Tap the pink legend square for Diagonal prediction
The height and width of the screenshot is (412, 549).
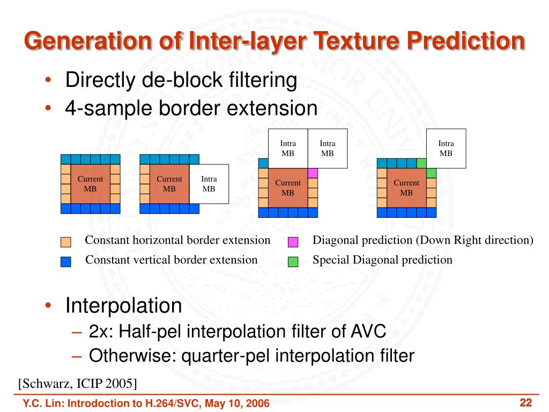tap(293, 242)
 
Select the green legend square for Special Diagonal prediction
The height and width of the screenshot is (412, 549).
tap(293, 262)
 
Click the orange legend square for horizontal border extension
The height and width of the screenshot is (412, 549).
tap(65, 242)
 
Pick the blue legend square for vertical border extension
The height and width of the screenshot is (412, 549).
tap(65, 262)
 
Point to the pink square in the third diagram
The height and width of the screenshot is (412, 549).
tap(313, 173)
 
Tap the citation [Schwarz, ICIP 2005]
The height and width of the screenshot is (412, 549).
tap(77, 383)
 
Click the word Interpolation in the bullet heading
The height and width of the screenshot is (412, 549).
tap(123, 306)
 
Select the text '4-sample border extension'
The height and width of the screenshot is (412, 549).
tap(191, 108)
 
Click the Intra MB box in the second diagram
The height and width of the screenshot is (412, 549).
tap(209, 184)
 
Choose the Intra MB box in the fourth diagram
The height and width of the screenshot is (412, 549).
tap(446, 148)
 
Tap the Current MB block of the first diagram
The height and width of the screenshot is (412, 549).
tap(90, 184)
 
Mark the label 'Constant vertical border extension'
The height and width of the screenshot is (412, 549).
tap(172, 260)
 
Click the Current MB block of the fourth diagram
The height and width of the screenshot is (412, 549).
tap(406, 188)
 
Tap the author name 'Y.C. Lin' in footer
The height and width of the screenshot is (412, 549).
tap(41, 403)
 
